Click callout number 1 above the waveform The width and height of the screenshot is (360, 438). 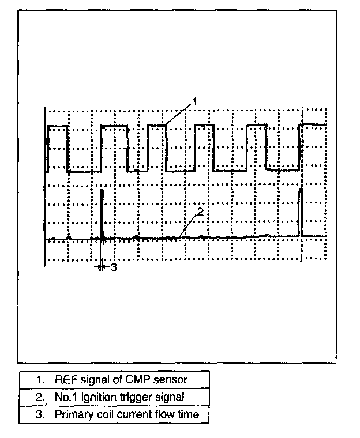point(195,101)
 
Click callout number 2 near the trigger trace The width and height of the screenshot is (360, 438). point(200,212)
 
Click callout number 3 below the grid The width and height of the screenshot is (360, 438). point(113,267)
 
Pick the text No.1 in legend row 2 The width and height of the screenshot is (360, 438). point(65,397)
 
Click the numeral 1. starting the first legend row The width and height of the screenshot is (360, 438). point(40,379)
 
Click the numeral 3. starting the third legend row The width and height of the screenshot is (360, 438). point(40,414)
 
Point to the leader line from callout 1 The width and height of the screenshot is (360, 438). point(179,114)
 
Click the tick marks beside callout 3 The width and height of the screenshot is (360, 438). point(102,267)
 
